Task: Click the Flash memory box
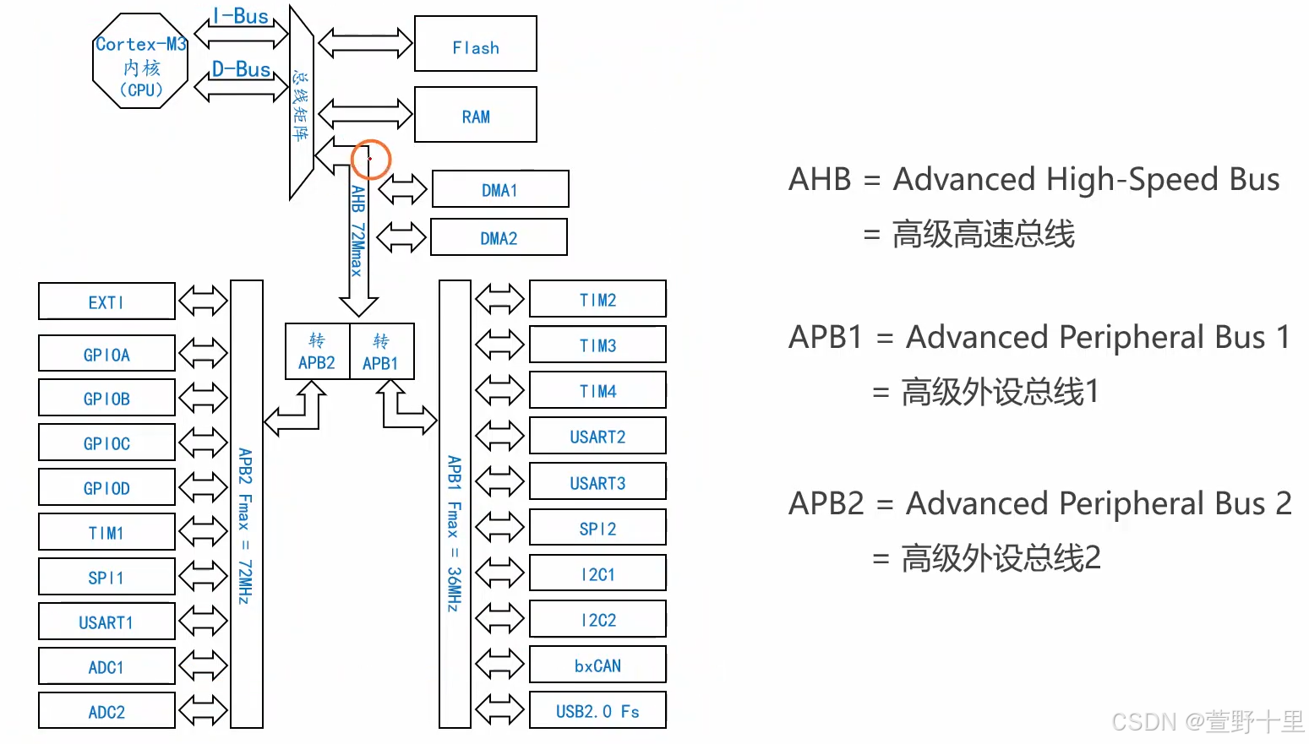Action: point(475,44)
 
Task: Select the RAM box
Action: point(475,115)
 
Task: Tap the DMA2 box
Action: point(499,237)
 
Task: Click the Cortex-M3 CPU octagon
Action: point(140,61)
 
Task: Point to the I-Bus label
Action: point(241,16)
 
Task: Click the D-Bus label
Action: point(241,69)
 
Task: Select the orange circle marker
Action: point(370,159)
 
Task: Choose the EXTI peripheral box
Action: point(106,301)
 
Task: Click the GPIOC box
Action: point(106,443)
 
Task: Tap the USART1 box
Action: point(106,622)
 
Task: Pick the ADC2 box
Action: point(106,711)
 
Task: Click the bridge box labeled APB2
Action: point(317,351)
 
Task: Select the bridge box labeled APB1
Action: point(381,351)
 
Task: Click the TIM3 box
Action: point(597,345)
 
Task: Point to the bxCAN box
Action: point(597,665)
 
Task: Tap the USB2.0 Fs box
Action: point(597,710)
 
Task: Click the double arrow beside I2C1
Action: point(499,573)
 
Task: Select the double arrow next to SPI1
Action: point(203,577)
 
